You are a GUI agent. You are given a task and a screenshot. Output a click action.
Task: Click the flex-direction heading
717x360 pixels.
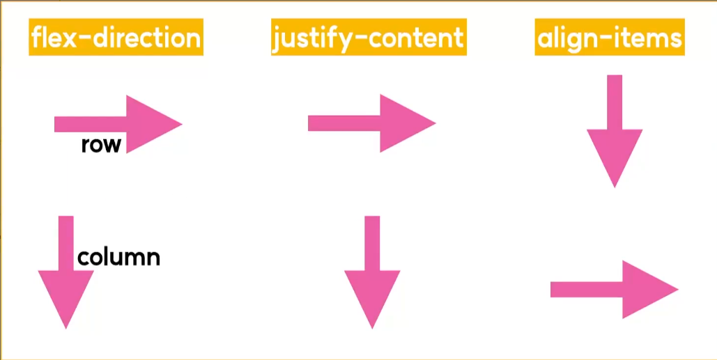click(116, 38)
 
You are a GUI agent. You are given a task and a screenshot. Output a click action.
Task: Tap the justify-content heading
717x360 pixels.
click(369, 38)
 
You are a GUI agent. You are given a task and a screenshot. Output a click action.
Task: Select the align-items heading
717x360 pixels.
click(609, 38)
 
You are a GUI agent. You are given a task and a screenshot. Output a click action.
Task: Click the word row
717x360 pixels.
click(101, 145)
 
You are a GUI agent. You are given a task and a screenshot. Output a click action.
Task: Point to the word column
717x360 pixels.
click(118, 258)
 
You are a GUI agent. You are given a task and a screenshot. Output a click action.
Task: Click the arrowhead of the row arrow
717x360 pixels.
click(150, 124)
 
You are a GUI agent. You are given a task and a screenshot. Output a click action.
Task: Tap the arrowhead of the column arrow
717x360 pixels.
click(65, 296)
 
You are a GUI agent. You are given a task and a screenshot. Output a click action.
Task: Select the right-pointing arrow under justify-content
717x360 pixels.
click(371, 123)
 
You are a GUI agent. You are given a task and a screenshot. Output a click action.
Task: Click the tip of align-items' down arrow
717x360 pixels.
click(614, 185)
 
